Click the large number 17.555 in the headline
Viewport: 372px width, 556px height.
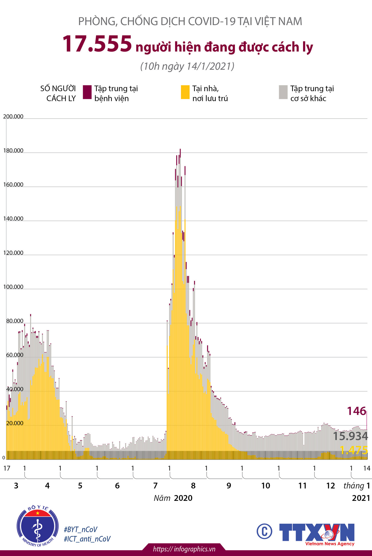[x=97, y=45]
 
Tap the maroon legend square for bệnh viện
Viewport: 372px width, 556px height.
[x=87, y=92]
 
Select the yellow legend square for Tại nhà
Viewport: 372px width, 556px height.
[x=185, y=92]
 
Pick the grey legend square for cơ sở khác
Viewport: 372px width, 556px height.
[x=283, y=92]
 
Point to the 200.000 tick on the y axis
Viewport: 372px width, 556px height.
[x=13, y=117]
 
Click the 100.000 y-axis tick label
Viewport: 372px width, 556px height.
[x=13, y=287]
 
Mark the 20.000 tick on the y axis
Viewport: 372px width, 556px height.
[x=14, y=423]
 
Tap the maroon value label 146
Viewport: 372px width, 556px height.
[x=356, y=411]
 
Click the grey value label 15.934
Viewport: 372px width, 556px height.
[x=350, y=436]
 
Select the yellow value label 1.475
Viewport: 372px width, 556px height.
[x=354, y=450]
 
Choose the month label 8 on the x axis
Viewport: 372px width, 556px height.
[x=193, y=486]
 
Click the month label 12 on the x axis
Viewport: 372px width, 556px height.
[x=331, y=486]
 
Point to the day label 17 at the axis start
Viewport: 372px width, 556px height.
[x=7, y=468]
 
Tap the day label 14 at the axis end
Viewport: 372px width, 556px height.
[x=367, y=468]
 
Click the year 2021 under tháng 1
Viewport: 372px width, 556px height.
[x=361, y=498]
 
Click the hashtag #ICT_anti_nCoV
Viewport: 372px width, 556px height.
[x=87, y=539]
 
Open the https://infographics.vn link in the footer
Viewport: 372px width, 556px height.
[x=184, y=549]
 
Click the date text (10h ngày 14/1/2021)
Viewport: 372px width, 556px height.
[x=187, y=66]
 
